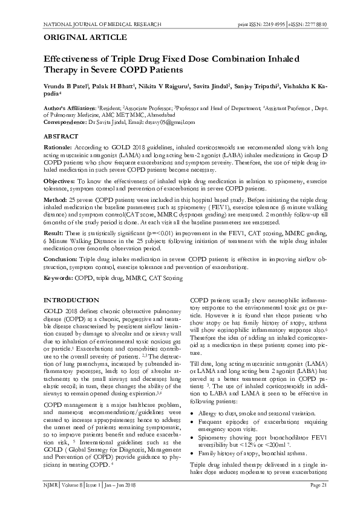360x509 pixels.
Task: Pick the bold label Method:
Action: [56, 198]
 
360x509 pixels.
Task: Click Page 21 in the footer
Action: [318, 502]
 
